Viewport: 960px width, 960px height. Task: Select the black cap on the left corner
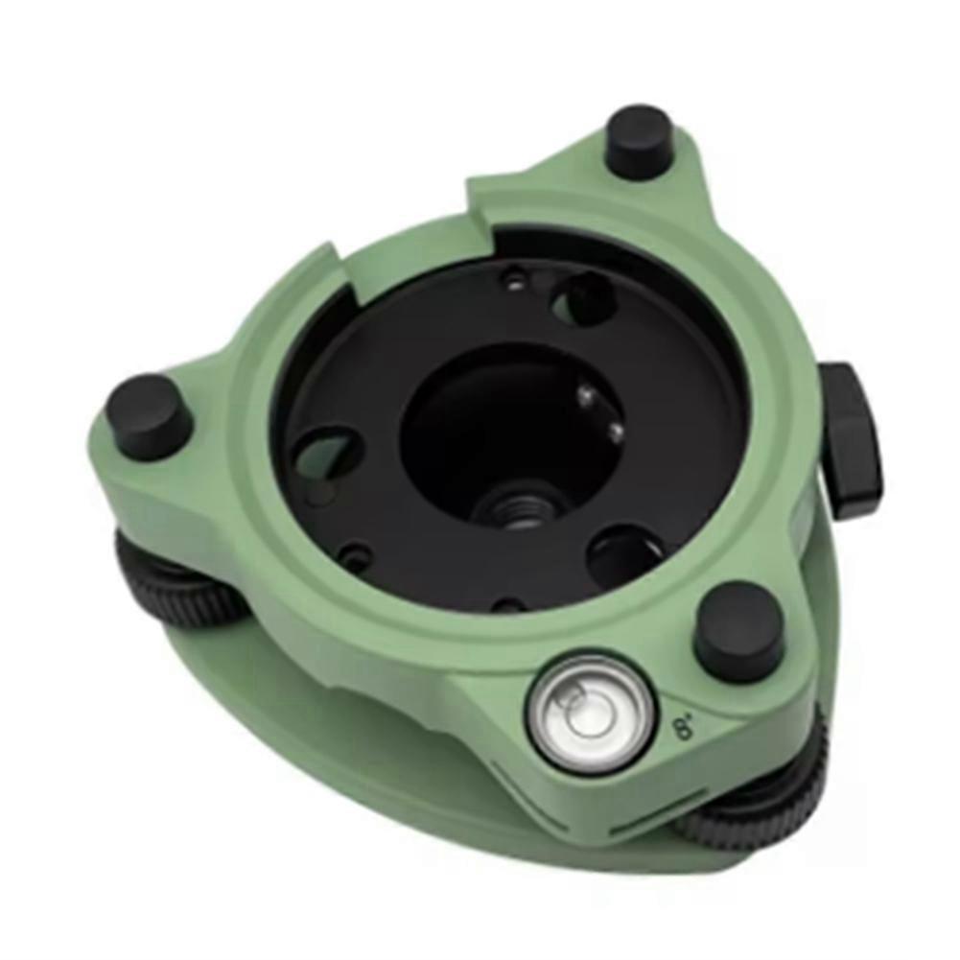(149, 415)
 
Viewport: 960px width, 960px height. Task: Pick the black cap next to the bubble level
(739, 630)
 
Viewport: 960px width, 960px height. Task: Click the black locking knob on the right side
(852, 440)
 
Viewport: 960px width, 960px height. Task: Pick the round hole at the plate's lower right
(625, 556)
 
